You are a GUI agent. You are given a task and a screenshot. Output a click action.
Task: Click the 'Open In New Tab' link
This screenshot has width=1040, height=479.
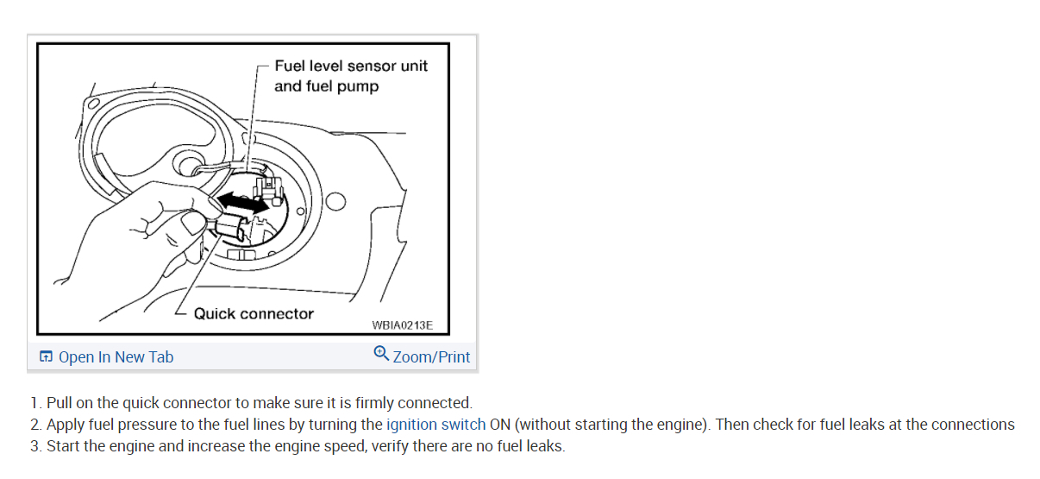pyautogui.click(x=116, y=357)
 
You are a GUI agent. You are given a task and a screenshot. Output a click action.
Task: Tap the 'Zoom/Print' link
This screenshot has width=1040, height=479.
pyautogui.click(x=431, y=357)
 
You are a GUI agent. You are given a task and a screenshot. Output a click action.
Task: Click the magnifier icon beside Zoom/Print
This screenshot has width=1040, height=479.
pyautogui.click(x=381, y=354)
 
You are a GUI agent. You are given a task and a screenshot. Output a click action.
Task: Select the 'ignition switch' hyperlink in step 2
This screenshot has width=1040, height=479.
pyautogui.click(x=435, y=425)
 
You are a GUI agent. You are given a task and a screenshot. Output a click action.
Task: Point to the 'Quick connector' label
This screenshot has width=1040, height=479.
pyautogui.click(x=254, y=314)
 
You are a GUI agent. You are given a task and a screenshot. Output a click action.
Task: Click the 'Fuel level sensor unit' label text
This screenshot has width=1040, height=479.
pyautogui.click(x=351, y=66)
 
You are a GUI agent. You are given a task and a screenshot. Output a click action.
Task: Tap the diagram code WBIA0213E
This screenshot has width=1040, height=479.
pyautogui.click(x=402, y=326)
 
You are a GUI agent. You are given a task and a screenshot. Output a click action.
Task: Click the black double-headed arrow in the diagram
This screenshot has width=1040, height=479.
pyautogui.click(x=241, y=203)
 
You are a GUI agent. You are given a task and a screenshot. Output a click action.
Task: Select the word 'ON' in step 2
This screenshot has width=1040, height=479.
pyautogui.click(x=500, y=425)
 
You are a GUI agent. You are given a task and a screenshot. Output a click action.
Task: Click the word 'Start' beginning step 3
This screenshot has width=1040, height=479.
pyautogui.click(x=63, y=446)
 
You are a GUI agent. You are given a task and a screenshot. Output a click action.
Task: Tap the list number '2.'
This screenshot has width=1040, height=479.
pyautogui.click(x=35, y=425)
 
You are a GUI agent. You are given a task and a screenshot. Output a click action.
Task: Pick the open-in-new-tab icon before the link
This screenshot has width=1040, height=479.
pyautogui.click(x=46, y=357)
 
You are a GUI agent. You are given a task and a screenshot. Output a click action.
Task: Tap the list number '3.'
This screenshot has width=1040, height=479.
pyautogui.click(x=35, y=446)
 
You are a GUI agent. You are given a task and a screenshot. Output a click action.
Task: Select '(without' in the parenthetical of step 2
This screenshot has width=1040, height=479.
pyautogui.click(x=543, y=425)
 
